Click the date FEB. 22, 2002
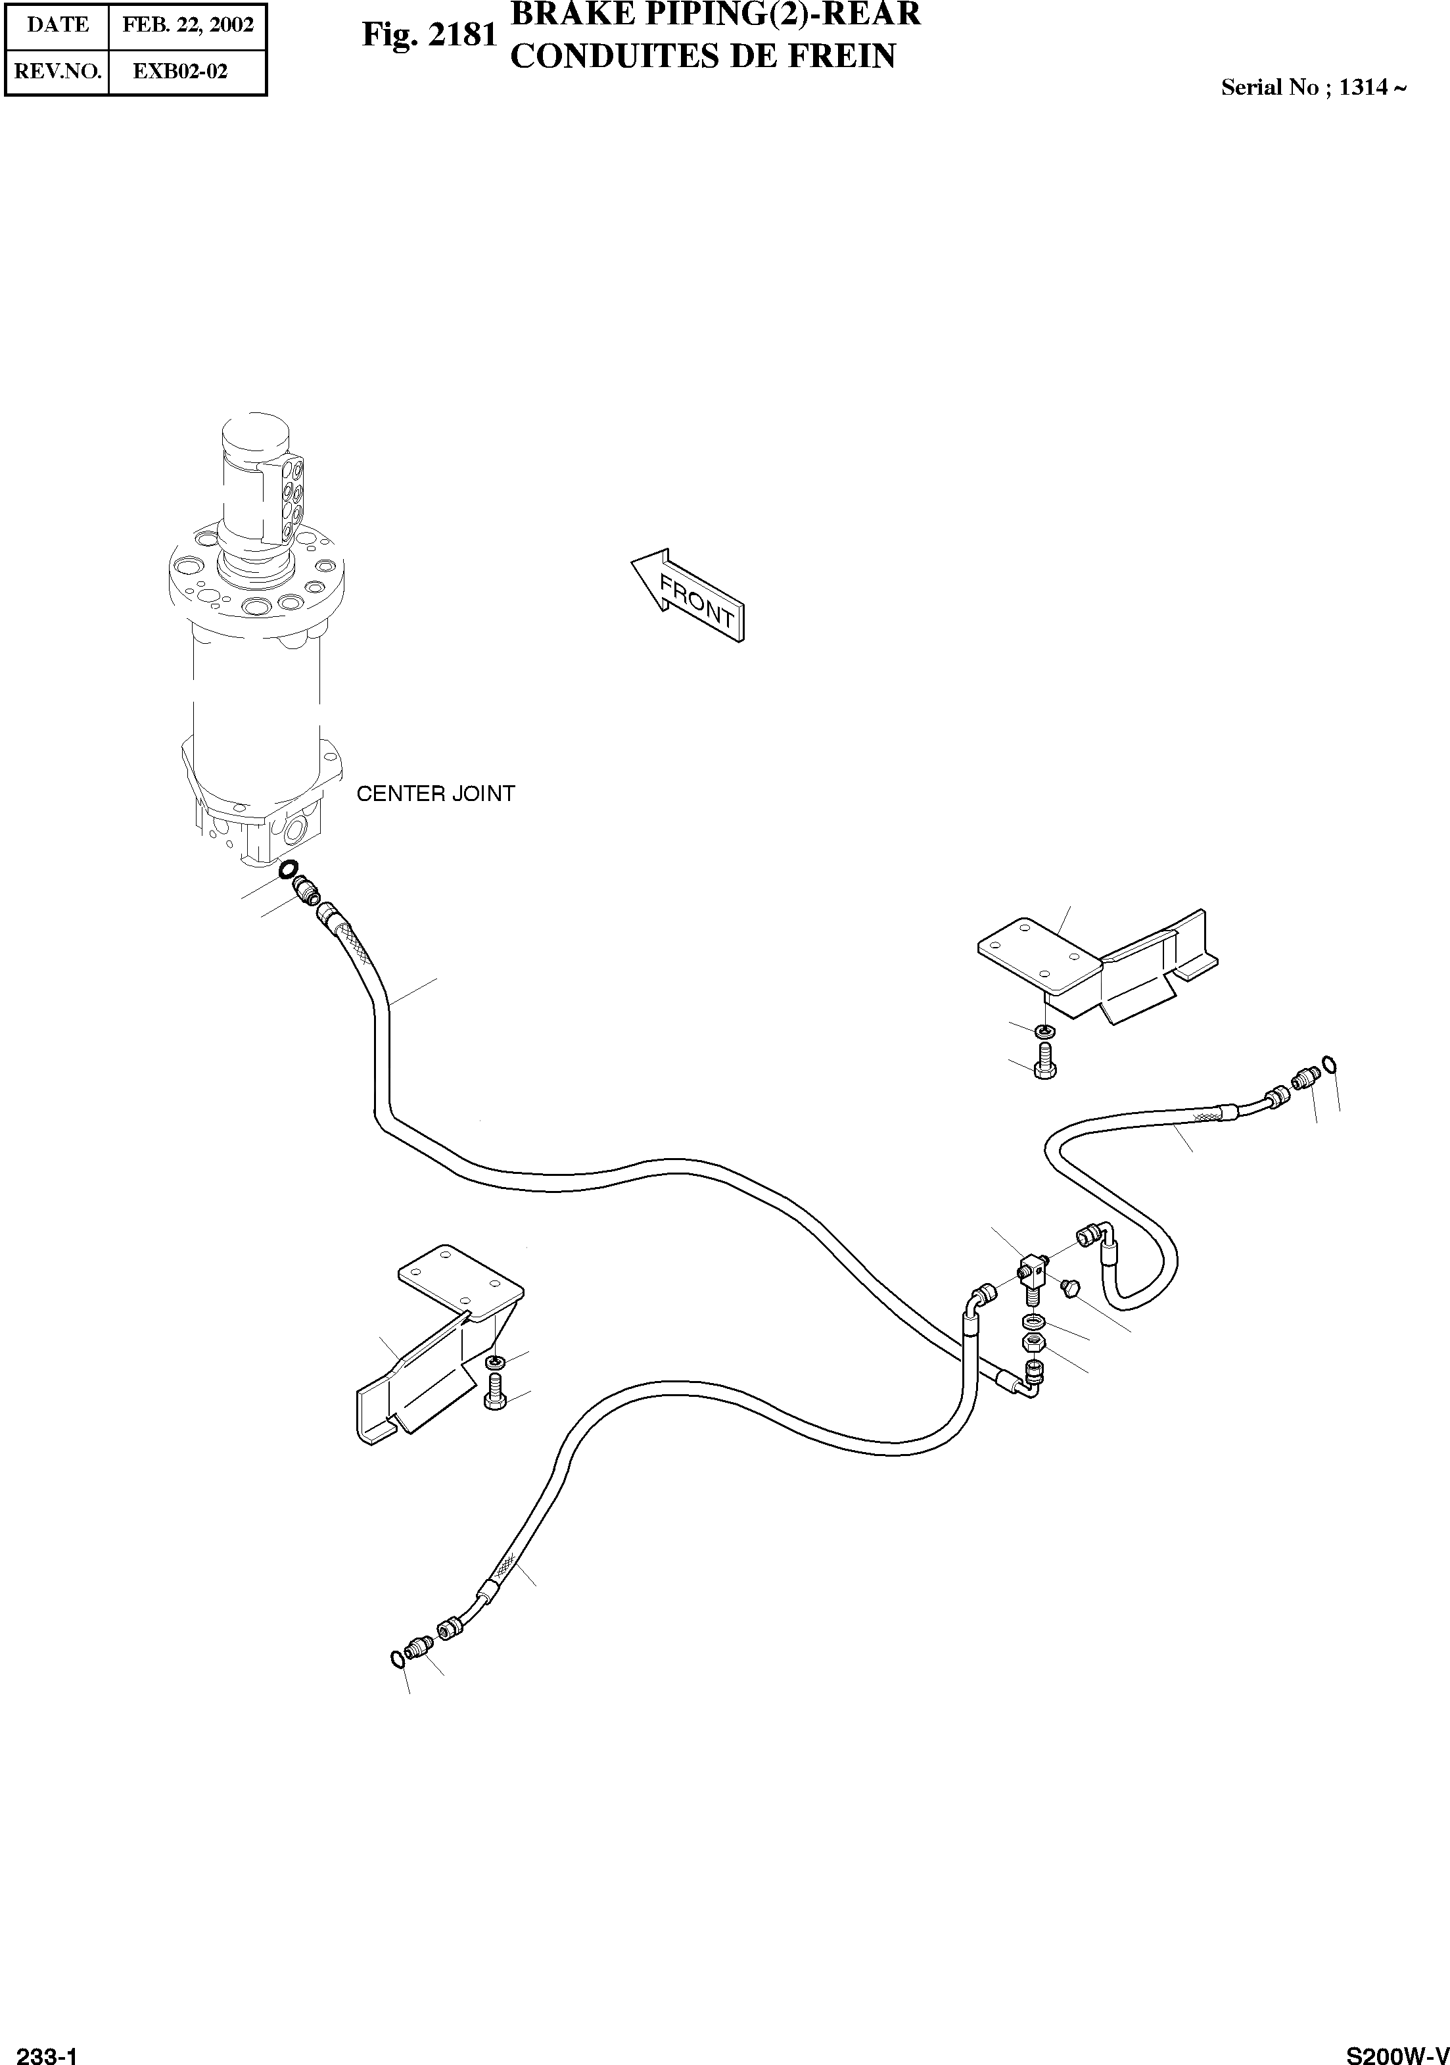click(x=188, y=25)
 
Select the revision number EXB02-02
click(x=180, y=72)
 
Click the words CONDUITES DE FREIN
click(x=702, y=56)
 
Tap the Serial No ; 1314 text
click(x=1313, y=87)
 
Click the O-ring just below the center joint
click(x=289, y=869)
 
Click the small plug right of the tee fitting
click(x=1068, y=1289)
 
